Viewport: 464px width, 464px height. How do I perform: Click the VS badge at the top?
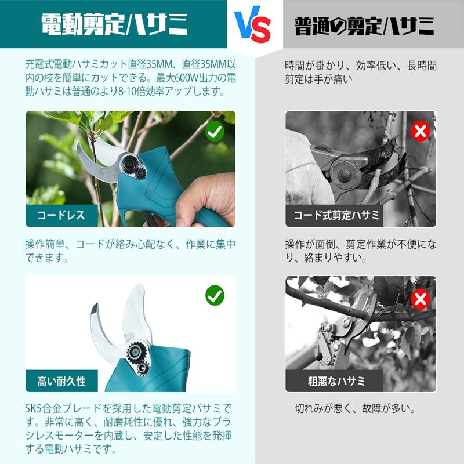tap(253, 25)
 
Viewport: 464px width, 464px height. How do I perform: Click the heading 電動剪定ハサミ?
tap(115, 25)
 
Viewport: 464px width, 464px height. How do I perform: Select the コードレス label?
tap(61, 216)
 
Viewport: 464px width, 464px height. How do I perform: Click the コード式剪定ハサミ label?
tap(336, 216)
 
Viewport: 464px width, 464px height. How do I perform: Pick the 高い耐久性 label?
tap(61, 381)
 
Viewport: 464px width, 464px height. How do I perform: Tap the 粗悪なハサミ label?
tap(336, 381)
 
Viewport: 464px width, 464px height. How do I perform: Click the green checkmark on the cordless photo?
tap(215, 132)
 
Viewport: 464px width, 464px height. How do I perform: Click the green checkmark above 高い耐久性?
tap(215, 296)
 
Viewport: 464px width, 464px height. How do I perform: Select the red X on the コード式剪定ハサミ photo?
tap(419, 132)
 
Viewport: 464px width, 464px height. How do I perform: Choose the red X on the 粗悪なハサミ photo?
tap(419, 299)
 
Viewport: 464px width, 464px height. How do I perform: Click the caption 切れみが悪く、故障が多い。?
tap(355, 409)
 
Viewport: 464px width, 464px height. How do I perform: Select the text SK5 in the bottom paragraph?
tap(35, 408)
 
